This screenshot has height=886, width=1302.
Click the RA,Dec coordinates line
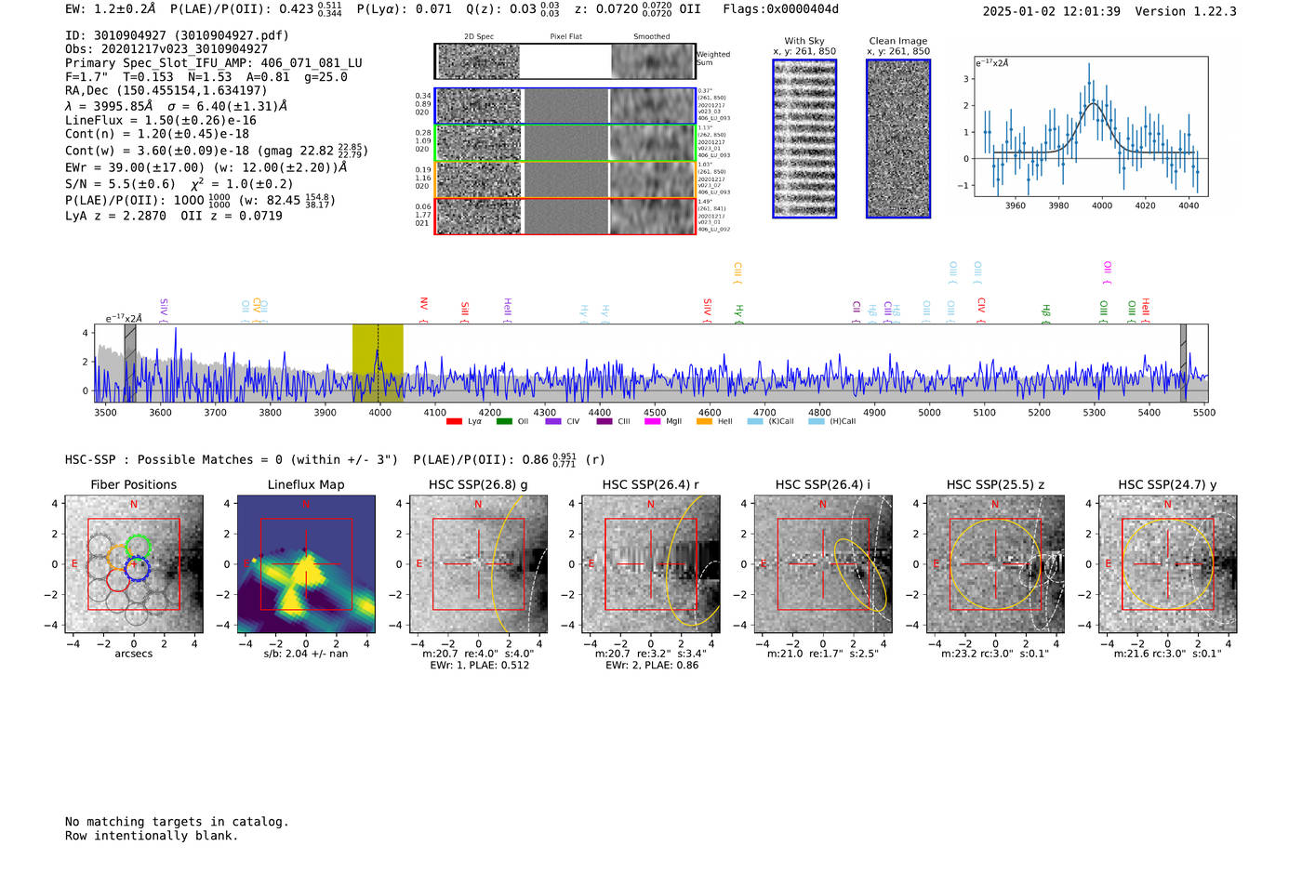pyautogui.click(x=166, y=90)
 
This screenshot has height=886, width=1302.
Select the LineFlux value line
pyautogui.click(x=160, y=120)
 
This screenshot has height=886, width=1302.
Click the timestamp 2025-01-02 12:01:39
pyautogui.click(x=1051, y=11)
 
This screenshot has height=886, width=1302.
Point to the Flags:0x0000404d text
pyautogui.click(x=780, y=9)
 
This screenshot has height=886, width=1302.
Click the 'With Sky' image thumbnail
pyautogui.click(x=804, y=139)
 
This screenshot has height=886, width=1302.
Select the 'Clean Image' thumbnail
pyautogui.click(x=898, y=139)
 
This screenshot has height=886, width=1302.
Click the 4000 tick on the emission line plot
pyautogui.click(x=1102, y=205)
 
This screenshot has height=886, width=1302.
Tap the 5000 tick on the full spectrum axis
pyautogui.click(x=929, y=413)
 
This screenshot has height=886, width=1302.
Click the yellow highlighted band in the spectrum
pyautogui.click(x=378, y=363)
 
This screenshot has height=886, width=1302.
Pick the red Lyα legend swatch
pyautogui.click(x=454, y=422)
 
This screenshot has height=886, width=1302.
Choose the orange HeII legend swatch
pyautogui.click(x=704, y=422)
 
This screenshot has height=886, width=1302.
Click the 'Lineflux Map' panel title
pyautogui.click(x=306, y=484)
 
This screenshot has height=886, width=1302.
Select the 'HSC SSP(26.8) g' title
pyautogui.click(x=478, y=484)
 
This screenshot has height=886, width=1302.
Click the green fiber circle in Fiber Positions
pyautogui.click(x=139, y=547)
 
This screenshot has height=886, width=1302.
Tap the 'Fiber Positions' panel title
pyautogui.click(x=133, y=484)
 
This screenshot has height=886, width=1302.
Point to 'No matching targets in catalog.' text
pyautogui.click(x=177, y=822)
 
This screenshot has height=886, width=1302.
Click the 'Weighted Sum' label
pyautogui.click(x=712, y=59)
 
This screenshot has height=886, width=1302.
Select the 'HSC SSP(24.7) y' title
pyautogui.click(x=1167, y=484)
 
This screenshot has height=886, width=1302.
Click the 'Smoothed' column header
pyautogui.click(x=651, y=37)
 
